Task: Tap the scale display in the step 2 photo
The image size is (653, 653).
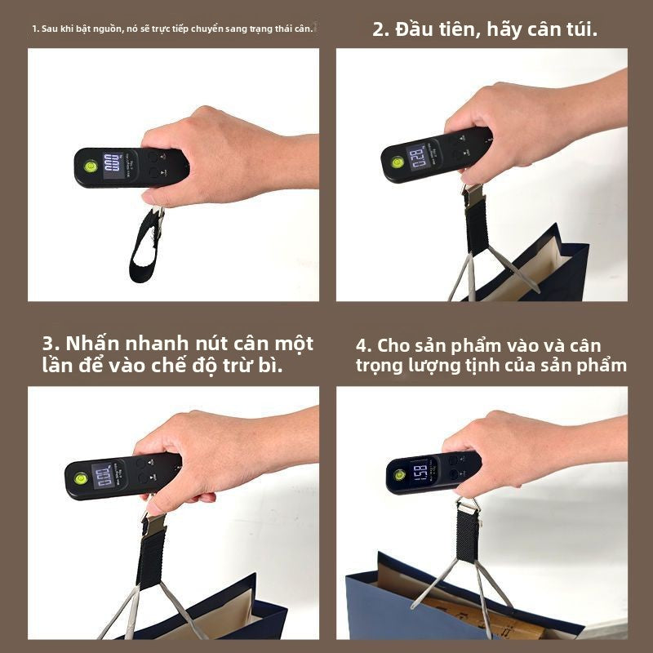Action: coord(419,155)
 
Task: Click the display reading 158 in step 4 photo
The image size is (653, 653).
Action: coord(420,473)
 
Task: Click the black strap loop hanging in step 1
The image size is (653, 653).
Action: coord(143,245)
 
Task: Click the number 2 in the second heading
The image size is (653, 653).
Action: coord(379,30)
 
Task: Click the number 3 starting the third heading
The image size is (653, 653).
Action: coord(48,344)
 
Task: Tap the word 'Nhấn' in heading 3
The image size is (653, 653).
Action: coord(91,344)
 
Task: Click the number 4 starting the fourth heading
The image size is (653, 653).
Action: coord(362,345)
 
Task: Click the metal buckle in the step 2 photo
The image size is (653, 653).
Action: coord(472,193)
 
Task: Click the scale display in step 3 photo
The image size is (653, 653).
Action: coord(104,476)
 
